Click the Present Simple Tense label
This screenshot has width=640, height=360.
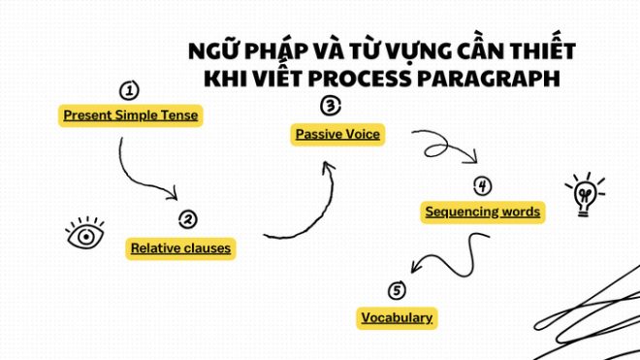pyautogui.click(x=130, y=115)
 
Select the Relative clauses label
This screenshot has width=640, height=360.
pyautogui.click(x=181, y=248)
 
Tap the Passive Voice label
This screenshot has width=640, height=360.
pyautogui.click(x=336, y=134)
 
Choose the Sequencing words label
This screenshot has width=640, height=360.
pyautogui.click(x=482, y=211)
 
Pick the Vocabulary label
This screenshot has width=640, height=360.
pyautogui.click(x=396, y=317)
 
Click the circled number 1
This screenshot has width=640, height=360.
pyautogui.click(x=128, y=91)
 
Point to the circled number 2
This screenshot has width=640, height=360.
pyautogui.click(x=188, y=219)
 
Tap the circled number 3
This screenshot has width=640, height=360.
pyautogui.click(x=331, y=106)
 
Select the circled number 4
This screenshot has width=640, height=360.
pyautogui.click(x=482, y=185)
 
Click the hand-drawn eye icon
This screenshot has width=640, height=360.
pyautogui.click(x=85, y=234)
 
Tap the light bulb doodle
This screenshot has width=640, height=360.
pyautogui.click(x=584, y=193)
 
